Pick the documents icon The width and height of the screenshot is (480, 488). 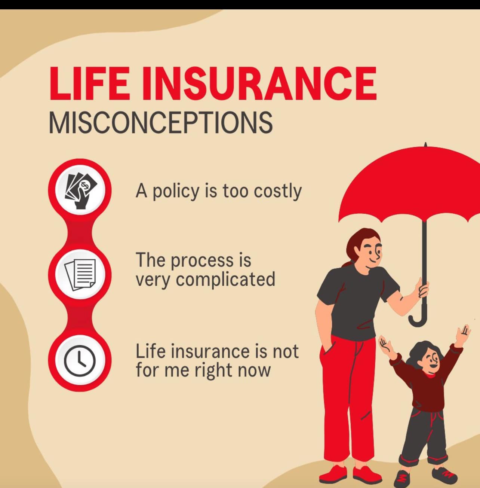(x=80, y=275)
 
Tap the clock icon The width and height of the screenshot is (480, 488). (x=80, y=360)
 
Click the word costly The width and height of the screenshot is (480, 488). (x=278, y=192)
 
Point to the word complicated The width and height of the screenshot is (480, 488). (x=225, y=280)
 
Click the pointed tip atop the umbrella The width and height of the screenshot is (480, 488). (x=425, y=144)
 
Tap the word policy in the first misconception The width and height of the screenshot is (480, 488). (x=176, y=192)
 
